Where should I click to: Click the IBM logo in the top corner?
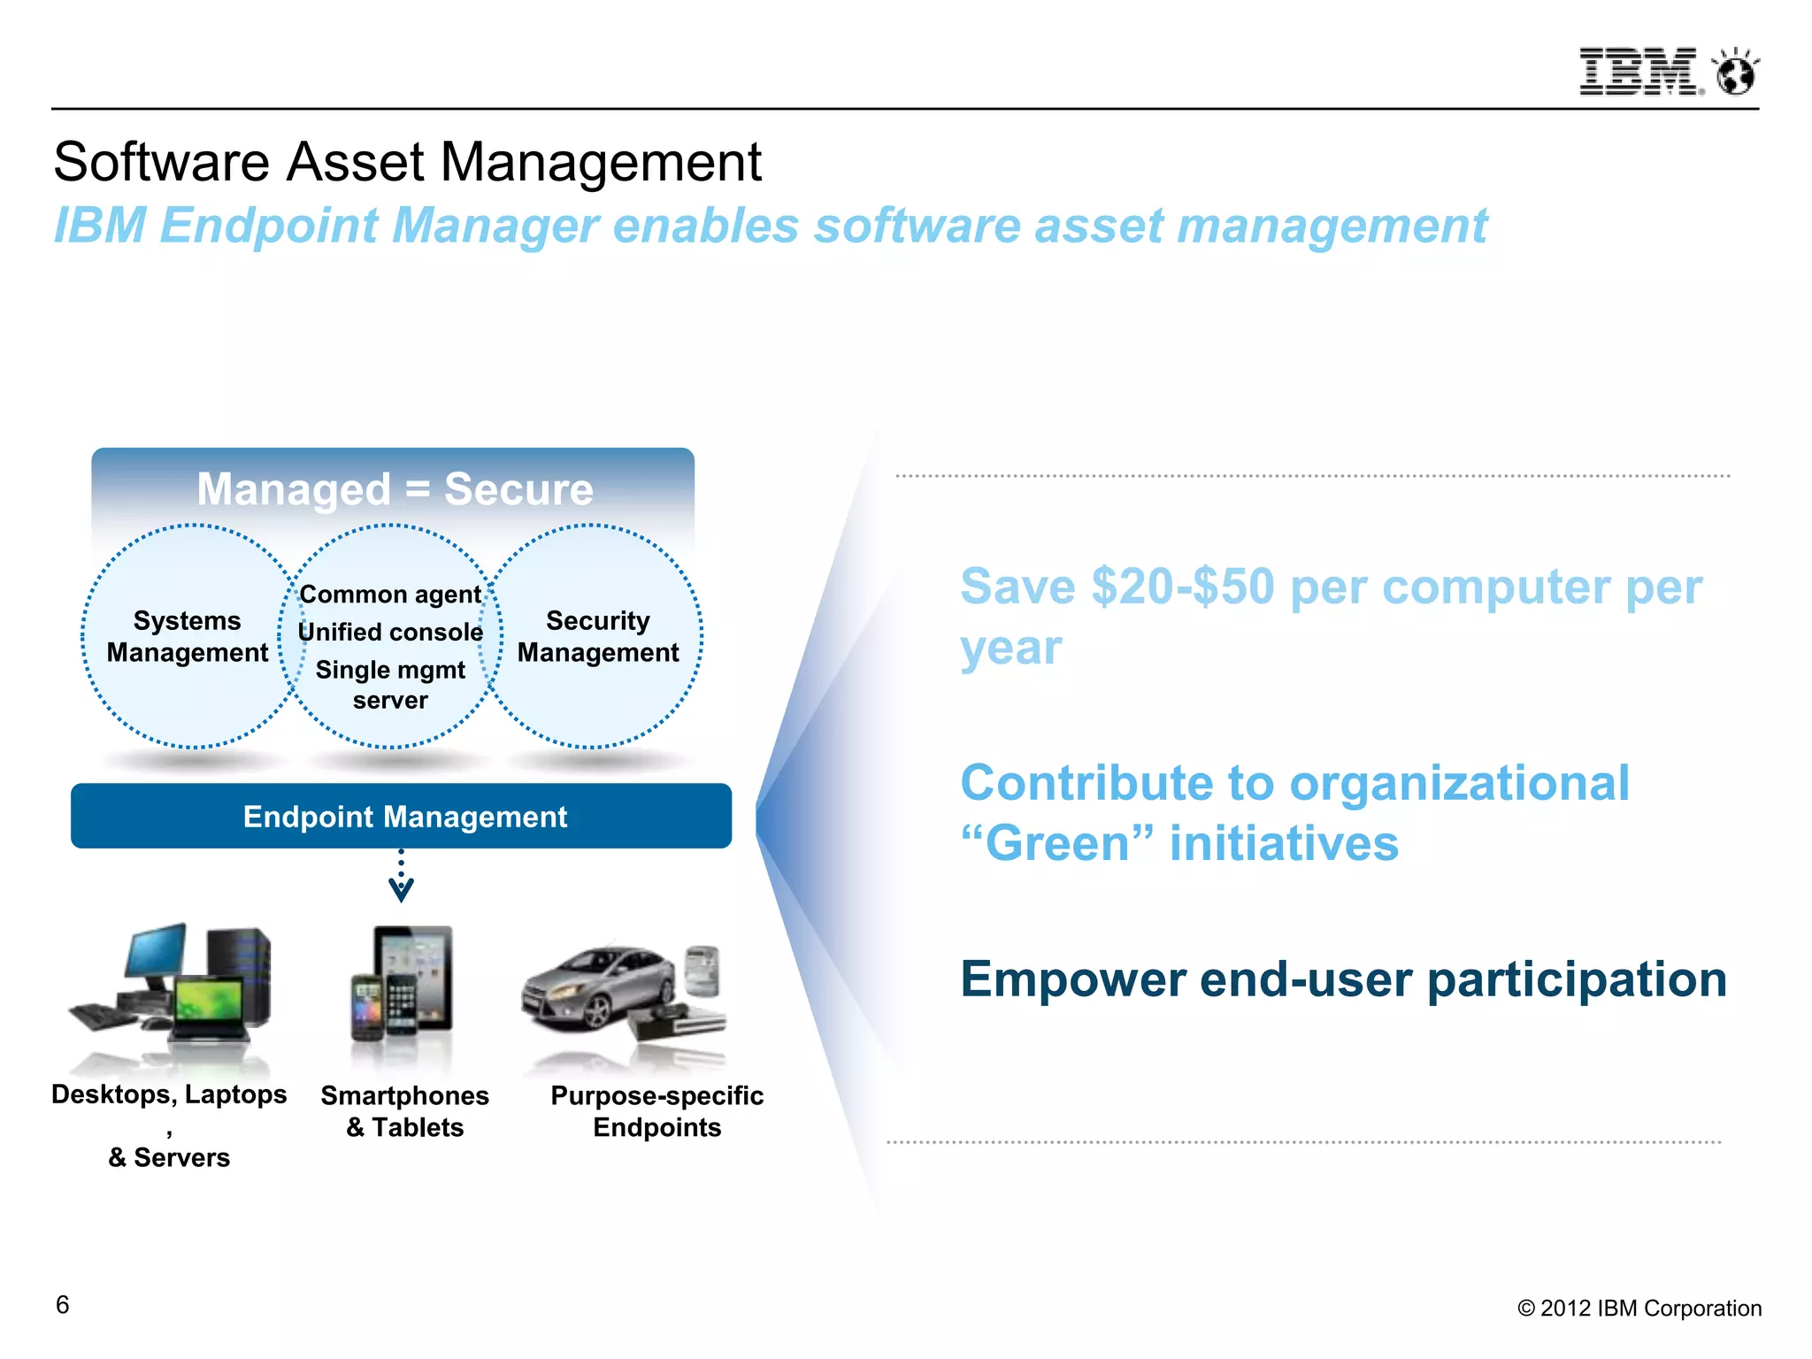coord(1638,72)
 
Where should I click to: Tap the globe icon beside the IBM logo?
coord(1735,73)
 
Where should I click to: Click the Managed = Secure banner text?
coord(395,489)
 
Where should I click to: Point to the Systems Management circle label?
coord(187,636)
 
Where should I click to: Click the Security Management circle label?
coord(598,636)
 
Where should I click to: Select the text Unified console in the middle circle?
coord(390,632)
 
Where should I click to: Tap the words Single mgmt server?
coord(390,685)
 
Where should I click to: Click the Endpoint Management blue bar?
coord(402,816)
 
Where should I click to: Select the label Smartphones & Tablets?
coord(404,1111)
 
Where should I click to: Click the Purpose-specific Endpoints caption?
coord(656,1111)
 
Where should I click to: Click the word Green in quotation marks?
coord(1057,843)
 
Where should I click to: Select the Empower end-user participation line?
coord(1342,979)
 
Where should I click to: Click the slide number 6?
coord(62,1305)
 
